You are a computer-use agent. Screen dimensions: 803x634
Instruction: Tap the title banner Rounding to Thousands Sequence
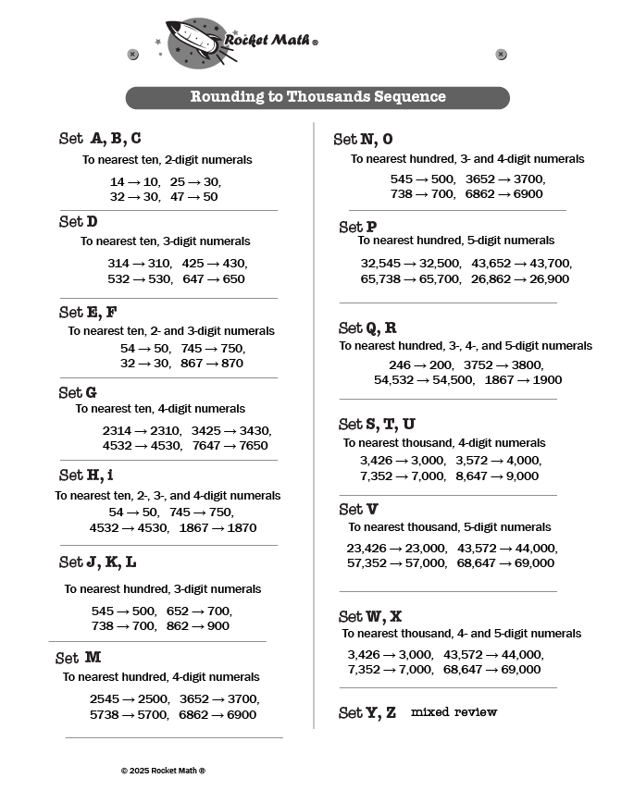[x=317, y=97]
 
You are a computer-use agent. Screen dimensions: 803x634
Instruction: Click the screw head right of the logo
[x=502, y=55]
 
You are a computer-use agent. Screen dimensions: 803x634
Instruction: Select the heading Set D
[x=79, y=222]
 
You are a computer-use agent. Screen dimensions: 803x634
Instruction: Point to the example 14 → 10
[x=134, y=181]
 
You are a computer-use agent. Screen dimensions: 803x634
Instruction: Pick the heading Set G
[x=79, y=392]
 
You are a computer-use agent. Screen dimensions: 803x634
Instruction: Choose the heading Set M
[x=79, y=658]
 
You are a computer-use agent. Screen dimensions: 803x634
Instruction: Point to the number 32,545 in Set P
[x=380, y=263]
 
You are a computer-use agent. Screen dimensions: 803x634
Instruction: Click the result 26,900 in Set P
[x=546, y=278]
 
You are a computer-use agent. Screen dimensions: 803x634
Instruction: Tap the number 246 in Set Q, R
[x=400, y=364]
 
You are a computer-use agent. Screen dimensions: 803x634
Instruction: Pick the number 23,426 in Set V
[x=367, y=548]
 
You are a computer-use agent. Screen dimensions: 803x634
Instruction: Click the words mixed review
[x=454, y=712]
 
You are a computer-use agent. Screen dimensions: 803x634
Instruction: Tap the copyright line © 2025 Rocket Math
[x=163, y=770]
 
